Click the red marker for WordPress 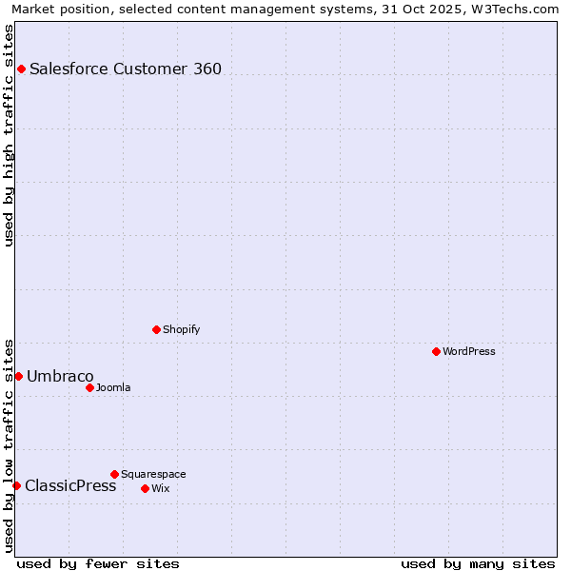[436, 351]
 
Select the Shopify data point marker [156, 329]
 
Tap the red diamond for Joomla [89, 387]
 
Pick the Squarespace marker [114, 474]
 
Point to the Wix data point [145, 488]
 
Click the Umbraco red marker [18, 376]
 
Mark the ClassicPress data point [16, 485]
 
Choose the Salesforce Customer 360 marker [21, 69]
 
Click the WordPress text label [469, 351]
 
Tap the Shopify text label [181, 329]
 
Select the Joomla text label [113, 387]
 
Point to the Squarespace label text [153, 474]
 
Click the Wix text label [160, 488]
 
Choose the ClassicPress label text [70, 485]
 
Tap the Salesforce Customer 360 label [126, 69]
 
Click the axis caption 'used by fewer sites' [98, 563]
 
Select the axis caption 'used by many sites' [478, 563]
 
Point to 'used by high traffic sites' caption [9, 135]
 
